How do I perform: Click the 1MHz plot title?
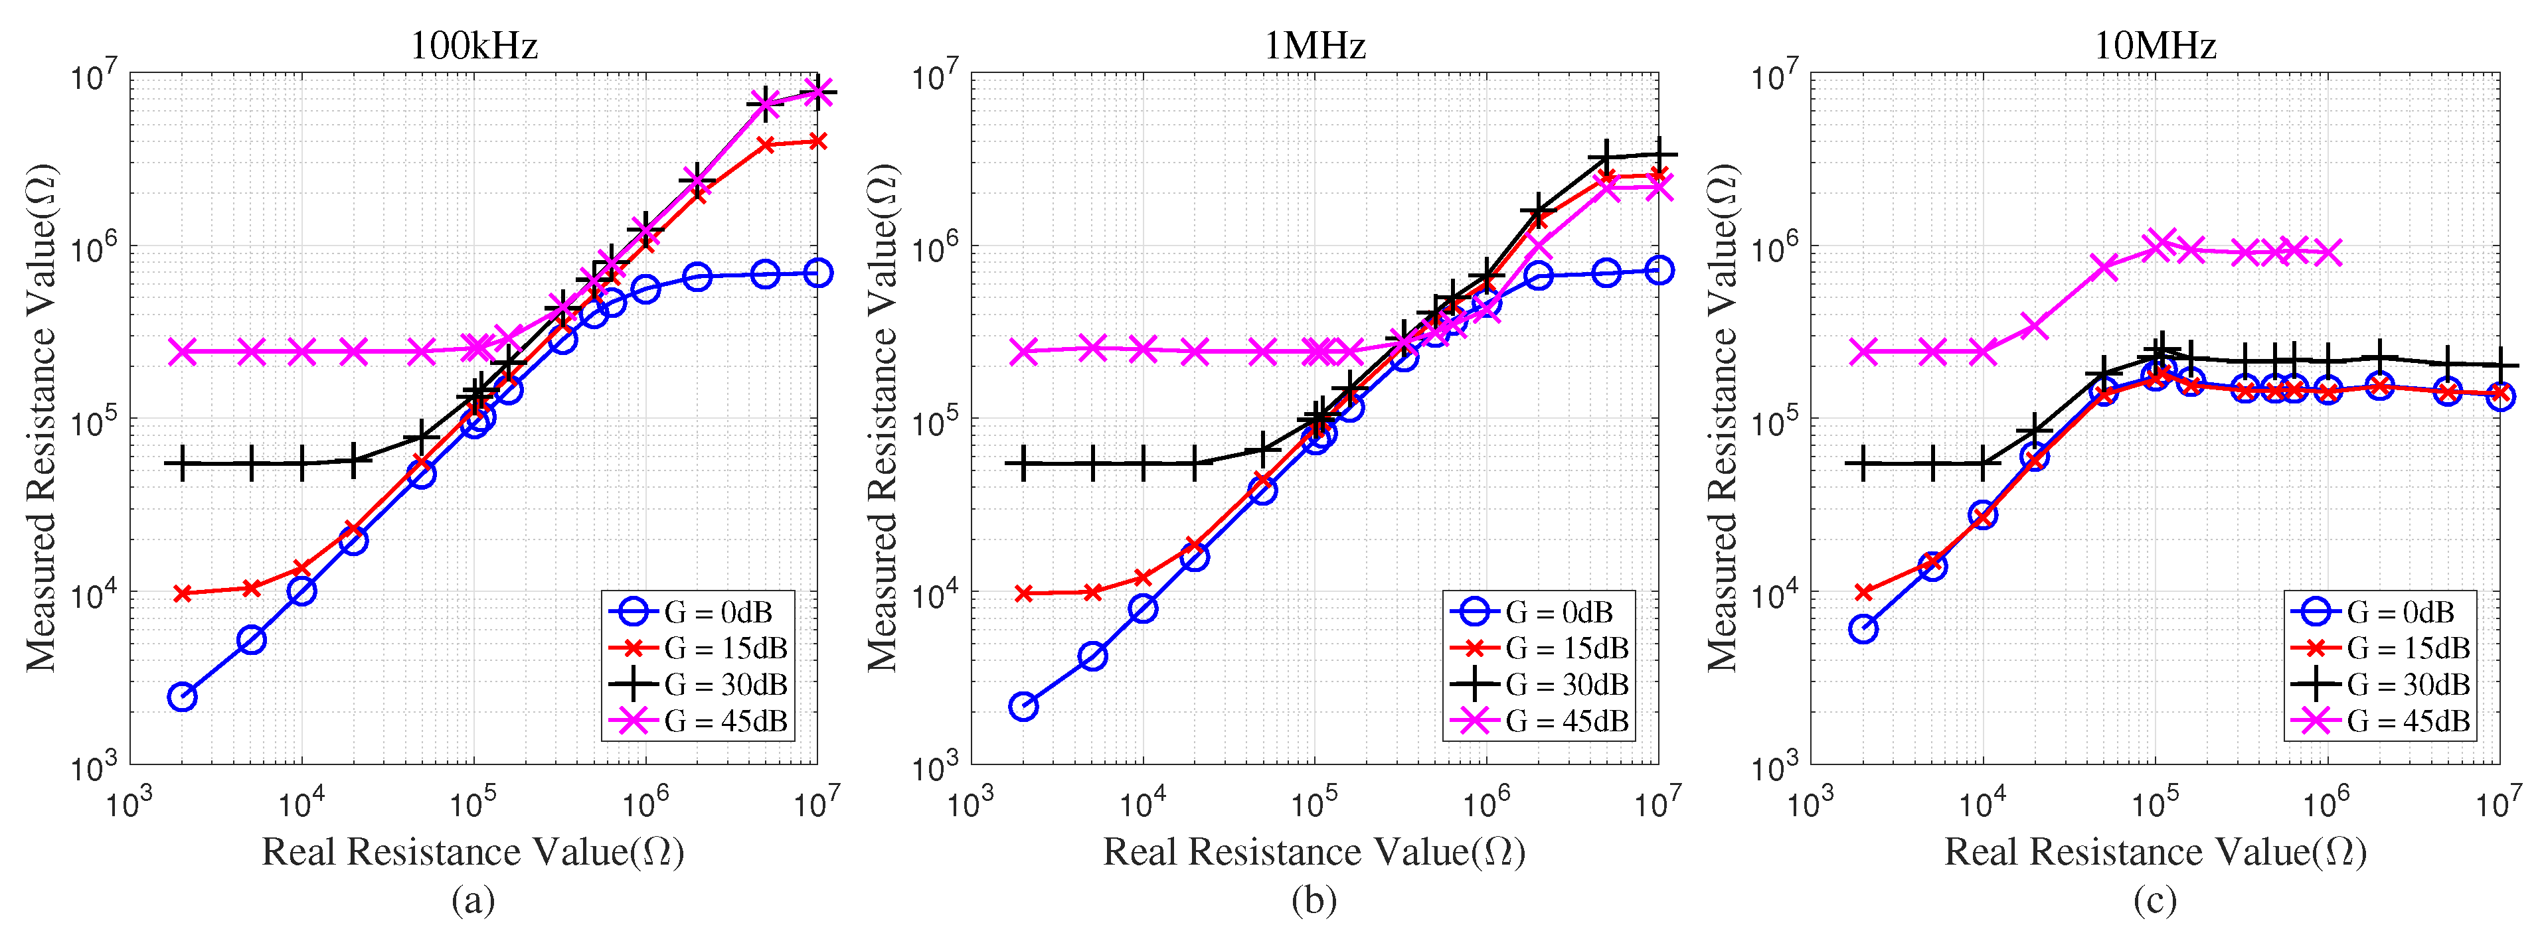[1314, 45]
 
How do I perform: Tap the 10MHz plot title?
[2155, 45]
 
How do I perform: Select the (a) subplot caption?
[472, 900]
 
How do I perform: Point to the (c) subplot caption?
[2154, 900]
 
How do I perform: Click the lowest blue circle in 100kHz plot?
[182, 697]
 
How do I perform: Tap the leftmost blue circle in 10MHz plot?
[1863, 629]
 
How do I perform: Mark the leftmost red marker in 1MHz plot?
[1024, 593]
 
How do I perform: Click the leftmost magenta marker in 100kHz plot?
[182, 352]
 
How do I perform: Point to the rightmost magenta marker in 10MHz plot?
[2328, 253]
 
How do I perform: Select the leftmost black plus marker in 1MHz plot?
[1023, 463]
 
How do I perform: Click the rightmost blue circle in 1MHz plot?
[1659, 269]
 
